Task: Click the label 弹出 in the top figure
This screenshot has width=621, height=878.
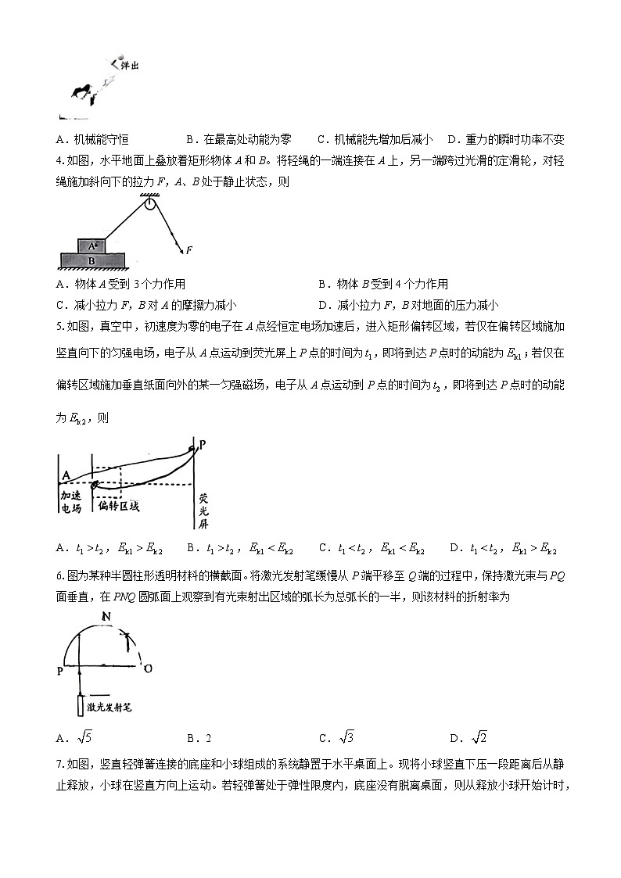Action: (x=130, y=67)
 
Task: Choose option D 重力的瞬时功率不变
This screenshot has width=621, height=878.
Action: (x=505, y=140)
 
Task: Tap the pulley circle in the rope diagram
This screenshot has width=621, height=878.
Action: (x=149, y=205)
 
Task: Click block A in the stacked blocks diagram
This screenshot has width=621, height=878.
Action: (x=93, y=245)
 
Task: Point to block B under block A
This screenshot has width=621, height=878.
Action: (x=92, y=260)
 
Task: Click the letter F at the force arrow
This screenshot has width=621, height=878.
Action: (x=189, y=250)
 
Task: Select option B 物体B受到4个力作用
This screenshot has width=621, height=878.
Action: (x=383, y=284)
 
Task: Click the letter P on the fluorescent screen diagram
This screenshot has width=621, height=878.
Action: (x=203, y=445)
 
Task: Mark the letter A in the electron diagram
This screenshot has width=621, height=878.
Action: (x=66, y=475)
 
